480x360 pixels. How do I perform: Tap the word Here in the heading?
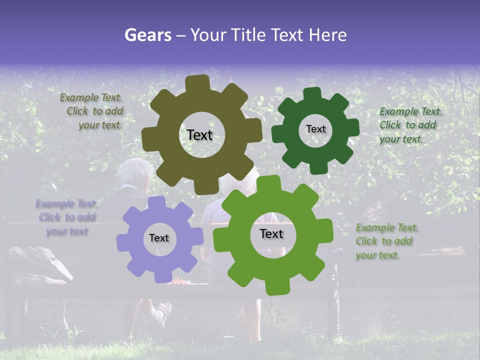click(x=327, y=35)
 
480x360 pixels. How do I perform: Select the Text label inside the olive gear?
click(x=199, y=135)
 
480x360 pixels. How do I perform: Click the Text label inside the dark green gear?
click(x=315, y=129)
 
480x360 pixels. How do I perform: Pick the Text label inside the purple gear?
click(x=159, y=238)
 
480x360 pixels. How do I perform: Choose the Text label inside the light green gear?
click(x=271, y=233)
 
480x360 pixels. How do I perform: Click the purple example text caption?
click(x=67, y=217)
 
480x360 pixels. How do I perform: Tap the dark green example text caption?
click(x=410, y=125)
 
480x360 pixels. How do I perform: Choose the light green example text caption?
click(x=386, y=241)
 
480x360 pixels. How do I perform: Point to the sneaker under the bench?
click(x=162, y=314)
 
